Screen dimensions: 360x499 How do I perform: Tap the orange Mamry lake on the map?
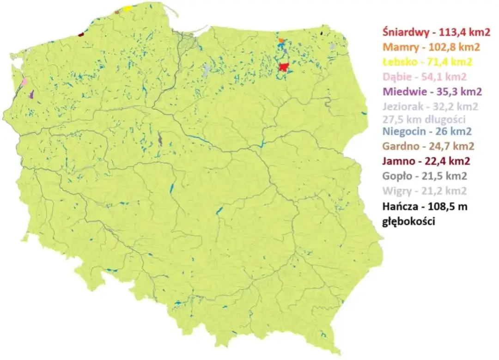click(281, 41)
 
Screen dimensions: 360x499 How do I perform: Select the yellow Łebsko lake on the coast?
click(128, 8)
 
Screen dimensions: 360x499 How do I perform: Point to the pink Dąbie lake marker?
click(24, 82)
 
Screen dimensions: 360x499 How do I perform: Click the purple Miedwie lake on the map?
click(31, 94)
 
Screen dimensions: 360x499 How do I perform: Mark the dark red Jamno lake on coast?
click(81, 34)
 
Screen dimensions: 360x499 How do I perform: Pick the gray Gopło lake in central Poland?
click(160, 139)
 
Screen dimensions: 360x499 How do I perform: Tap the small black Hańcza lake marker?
click(322, 33)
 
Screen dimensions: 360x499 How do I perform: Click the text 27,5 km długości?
click(424, 119)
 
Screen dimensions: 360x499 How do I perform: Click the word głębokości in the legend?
click(409, 221)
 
